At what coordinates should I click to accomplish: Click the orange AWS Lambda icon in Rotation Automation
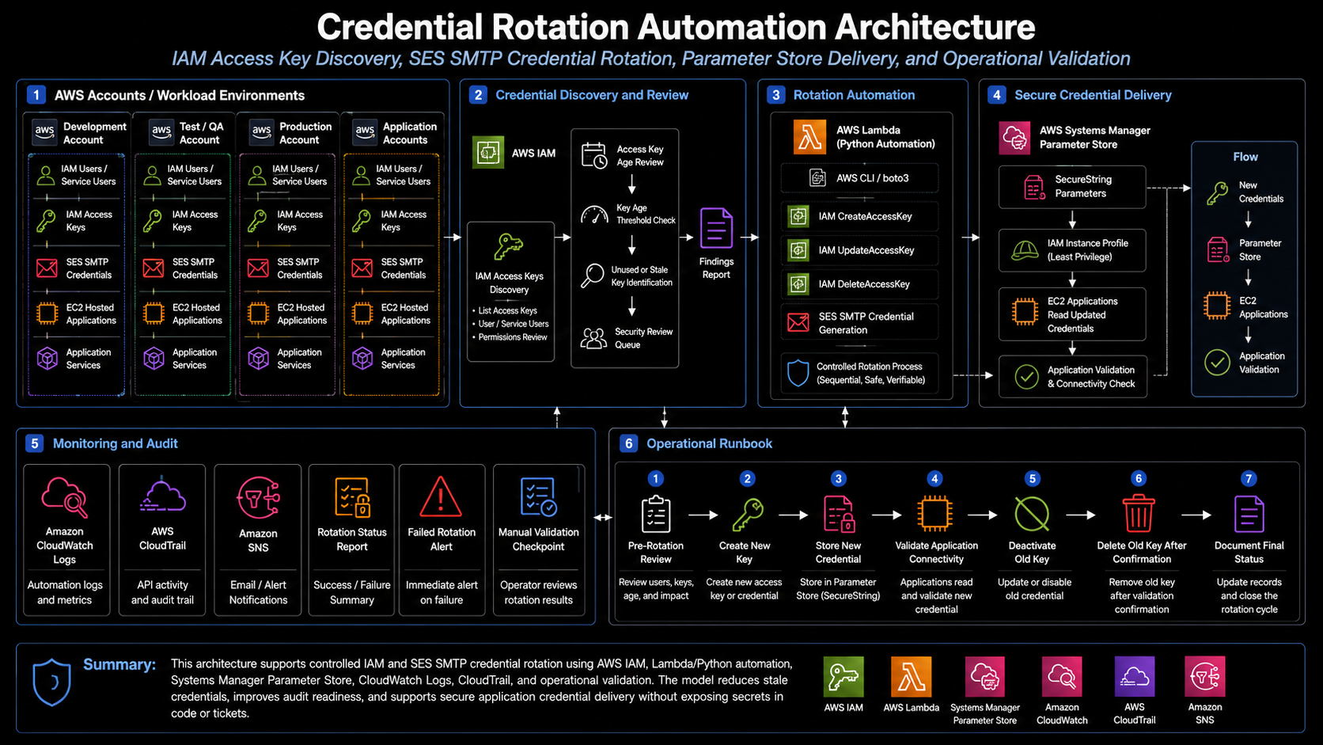(809, 136)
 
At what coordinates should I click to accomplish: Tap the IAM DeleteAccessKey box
(859, 284)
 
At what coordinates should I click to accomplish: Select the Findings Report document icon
(716, 228)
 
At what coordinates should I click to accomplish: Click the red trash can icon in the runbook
(1138, 513)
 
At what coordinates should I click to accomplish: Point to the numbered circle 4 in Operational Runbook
(934, 478)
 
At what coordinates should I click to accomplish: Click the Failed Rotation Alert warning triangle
(441, 497)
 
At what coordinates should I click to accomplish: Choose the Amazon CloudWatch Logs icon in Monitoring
(64, 497)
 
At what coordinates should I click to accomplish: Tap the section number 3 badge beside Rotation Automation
(775, 95)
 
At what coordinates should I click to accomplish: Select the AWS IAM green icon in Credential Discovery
(488, 153)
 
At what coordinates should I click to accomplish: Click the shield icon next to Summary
(52, 682)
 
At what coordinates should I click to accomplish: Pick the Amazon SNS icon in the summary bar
(1204, 676)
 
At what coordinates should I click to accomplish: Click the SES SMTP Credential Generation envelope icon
(798, 322)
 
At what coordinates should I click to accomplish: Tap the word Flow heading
(1245, 157)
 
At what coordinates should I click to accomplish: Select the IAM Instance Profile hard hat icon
(1025, 250)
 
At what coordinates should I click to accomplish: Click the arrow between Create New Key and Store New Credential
(793, 515)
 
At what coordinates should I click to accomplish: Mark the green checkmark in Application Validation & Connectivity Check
(1026, 376)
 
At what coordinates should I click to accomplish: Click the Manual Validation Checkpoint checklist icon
(538, 497)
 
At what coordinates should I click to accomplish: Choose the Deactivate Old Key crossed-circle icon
(1031, 513)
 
